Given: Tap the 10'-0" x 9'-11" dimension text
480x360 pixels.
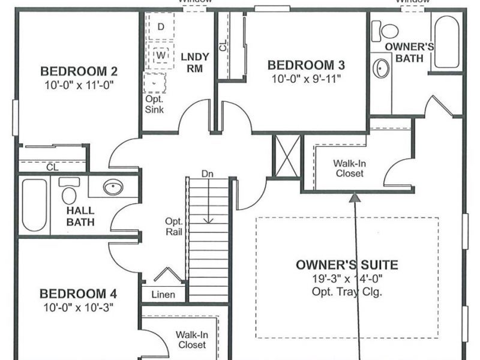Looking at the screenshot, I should (x=307, y=79).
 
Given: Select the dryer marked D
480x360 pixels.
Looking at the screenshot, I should (x=160, y=27).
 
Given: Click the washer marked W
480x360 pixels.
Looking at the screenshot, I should (x=161, y=55).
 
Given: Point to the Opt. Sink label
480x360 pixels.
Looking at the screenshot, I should (x=154, y=104).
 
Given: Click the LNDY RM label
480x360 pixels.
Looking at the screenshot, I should (x=194, y=62).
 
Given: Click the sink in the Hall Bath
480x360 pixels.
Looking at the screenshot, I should (x=113, y=188).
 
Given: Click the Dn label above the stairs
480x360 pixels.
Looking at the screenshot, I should (x=208, y=173).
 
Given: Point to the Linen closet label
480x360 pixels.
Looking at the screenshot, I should (x=163, y=295).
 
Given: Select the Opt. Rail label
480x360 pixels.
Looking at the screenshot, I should (x=174, y=227).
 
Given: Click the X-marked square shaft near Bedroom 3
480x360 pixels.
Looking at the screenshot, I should (x=286, y=156).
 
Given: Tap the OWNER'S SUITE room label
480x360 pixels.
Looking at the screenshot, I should (x=347, y=265).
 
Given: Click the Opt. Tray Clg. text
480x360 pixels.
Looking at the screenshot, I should (x=347, y=292).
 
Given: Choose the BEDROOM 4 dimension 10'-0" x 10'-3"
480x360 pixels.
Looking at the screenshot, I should (x=78, y=307).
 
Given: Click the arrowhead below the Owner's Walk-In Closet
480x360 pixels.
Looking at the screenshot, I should (x=356, y=196).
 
